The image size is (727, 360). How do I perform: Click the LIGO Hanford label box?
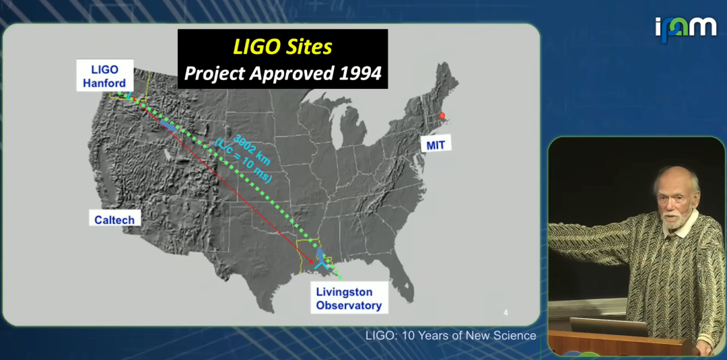(x=105, y=76)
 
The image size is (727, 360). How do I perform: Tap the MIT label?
(x=436, y=145)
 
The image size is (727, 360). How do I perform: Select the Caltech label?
(x=114, y=219)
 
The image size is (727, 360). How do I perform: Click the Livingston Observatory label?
(x=349, y=298)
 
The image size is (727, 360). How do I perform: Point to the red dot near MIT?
(x=442, y=115)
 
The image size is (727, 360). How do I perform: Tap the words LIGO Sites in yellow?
(x=282, y=47)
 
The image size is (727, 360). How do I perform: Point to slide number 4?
(x=506, y=313)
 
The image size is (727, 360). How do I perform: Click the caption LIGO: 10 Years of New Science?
(x=450, y=336)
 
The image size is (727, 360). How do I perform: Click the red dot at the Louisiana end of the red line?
(x=310, y=261)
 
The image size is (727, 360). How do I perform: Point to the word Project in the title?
(x=215, y=73)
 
